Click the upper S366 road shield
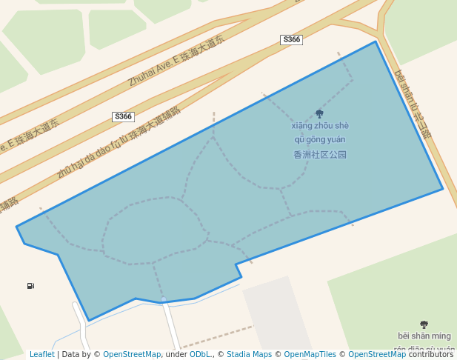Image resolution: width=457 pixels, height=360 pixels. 292,39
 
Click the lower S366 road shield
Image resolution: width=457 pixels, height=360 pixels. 123,116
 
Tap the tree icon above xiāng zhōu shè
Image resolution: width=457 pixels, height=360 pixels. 319,114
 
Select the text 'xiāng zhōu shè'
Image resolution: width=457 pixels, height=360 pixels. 319,126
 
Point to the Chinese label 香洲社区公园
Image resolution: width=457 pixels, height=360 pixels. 320,155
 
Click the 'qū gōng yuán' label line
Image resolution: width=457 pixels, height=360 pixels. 320,140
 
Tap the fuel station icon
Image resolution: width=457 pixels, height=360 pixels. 30,286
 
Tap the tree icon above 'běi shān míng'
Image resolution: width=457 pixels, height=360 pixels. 424,324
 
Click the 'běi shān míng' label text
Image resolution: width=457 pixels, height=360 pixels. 424,336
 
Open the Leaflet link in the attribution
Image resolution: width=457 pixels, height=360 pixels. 42,354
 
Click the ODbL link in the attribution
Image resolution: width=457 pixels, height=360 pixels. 200,354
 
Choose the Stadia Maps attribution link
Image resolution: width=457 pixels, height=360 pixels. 249,354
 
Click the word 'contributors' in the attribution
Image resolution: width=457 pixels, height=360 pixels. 431,354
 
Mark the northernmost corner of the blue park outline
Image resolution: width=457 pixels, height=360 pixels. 376,41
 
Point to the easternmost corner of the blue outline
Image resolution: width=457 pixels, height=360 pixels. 443,188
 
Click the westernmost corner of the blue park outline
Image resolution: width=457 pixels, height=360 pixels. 16,227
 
